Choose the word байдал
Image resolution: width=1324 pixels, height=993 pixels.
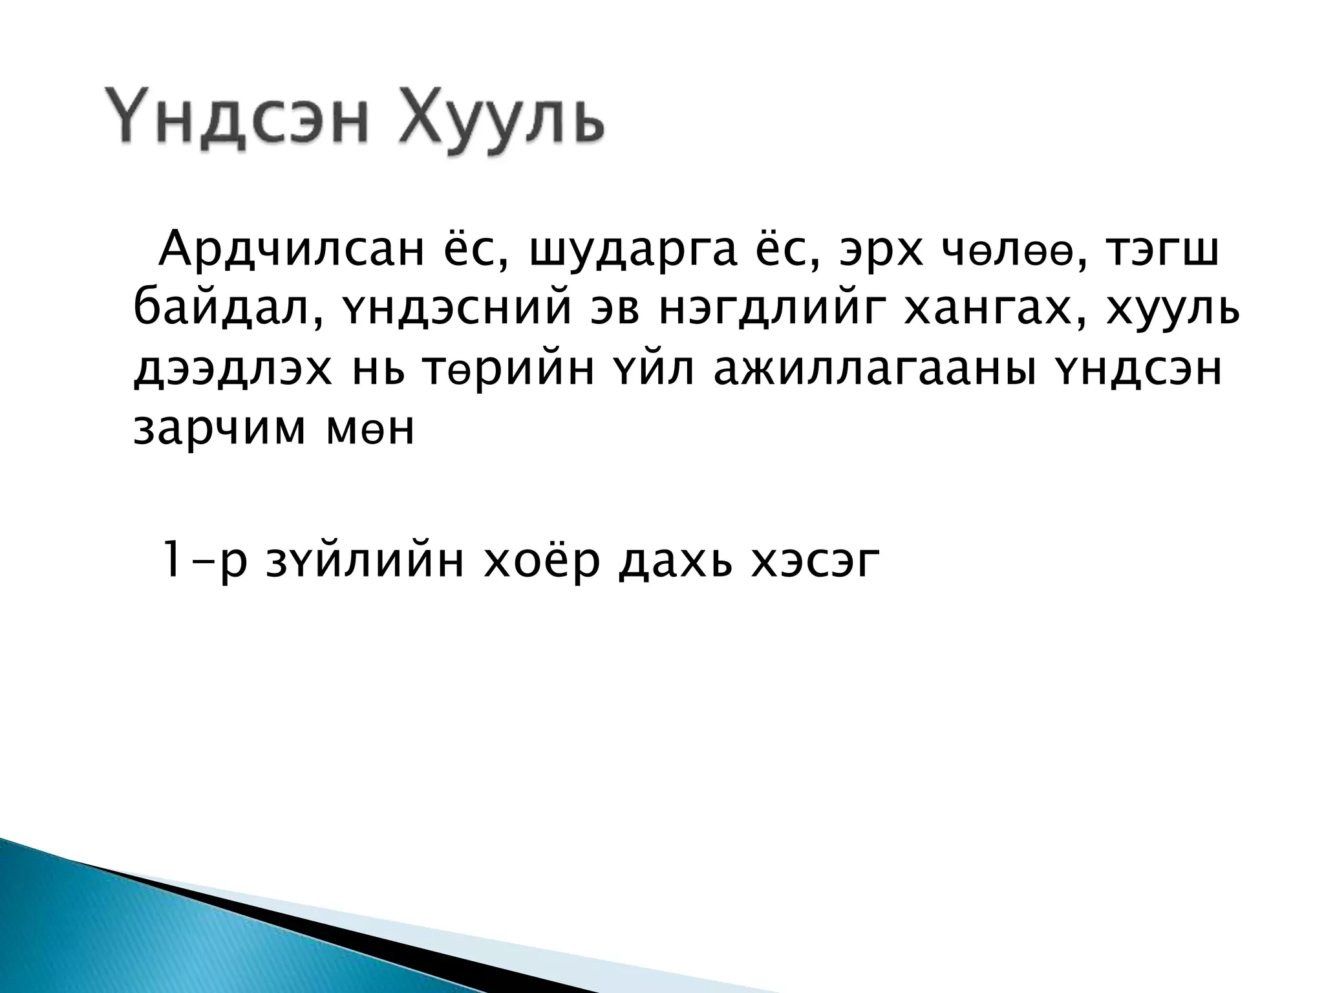[x=218, y=311]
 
